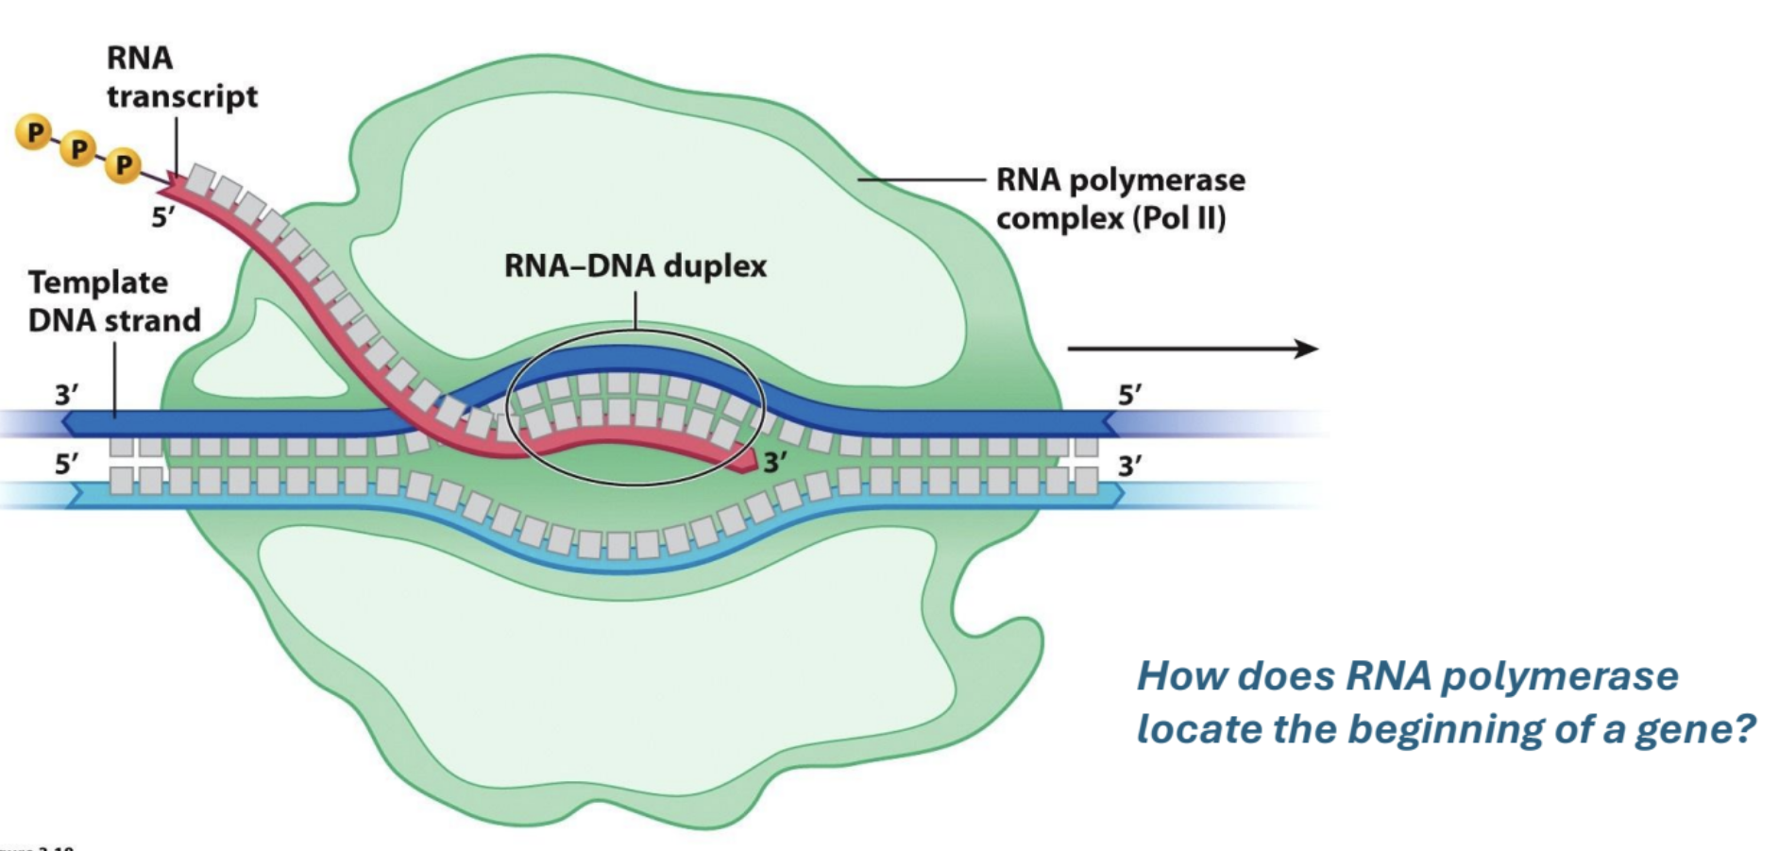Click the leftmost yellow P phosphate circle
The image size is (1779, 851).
35,132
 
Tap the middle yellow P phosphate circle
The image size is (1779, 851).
79,149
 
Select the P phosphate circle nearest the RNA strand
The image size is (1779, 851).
124,165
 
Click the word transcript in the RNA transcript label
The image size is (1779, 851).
182,97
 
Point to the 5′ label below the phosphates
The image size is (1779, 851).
162,217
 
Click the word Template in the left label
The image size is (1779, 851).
98,282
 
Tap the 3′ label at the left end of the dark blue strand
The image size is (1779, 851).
66,394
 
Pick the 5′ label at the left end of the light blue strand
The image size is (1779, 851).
66,464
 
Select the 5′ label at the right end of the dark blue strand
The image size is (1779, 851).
1130,394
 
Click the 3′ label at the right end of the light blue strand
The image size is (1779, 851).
1130,466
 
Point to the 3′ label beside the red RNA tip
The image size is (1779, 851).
776,462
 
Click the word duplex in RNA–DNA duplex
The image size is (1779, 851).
715,266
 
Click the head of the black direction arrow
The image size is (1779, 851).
1308,349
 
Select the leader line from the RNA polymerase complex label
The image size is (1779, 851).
921,179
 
